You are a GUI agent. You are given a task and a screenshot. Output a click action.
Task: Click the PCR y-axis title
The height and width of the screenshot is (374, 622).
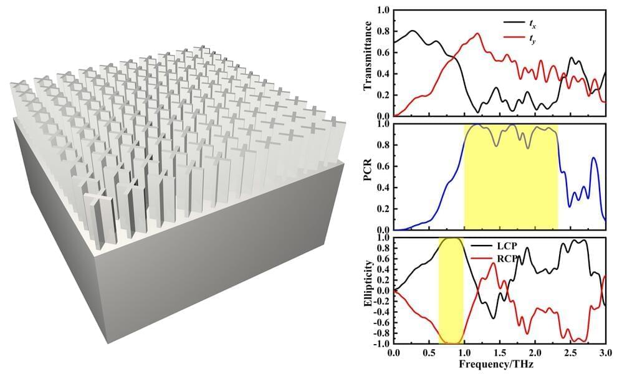tap(368, 176)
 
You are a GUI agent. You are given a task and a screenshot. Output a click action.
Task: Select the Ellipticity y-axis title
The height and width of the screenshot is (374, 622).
tap(368, 291)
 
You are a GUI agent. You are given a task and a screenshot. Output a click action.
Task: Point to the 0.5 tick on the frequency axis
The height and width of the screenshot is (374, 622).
tap(429, 352)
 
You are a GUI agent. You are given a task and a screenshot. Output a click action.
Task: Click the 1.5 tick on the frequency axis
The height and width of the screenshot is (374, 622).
tap(499, 352)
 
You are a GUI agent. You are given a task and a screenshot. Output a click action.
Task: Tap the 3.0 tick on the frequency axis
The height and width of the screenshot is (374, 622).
tap(605, 352)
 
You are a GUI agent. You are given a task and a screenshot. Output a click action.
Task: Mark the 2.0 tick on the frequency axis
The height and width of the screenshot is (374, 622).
tap(535, 352)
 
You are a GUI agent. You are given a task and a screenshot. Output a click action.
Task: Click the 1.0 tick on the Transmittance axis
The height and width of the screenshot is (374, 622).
tap(381, 11)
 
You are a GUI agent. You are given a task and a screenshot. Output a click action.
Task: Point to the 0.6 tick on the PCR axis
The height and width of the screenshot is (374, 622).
tap(381, 166)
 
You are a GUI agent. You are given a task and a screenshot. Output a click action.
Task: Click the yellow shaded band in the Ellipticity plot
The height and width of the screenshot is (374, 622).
tap(451, 290)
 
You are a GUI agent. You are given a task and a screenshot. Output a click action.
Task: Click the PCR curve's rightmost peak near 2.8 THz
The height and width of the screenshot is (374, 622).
tap(594, 158)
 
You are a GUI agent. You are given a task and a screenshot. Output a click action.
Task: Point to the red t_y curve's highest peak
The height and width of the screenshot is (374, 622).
tap(477, 34)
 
